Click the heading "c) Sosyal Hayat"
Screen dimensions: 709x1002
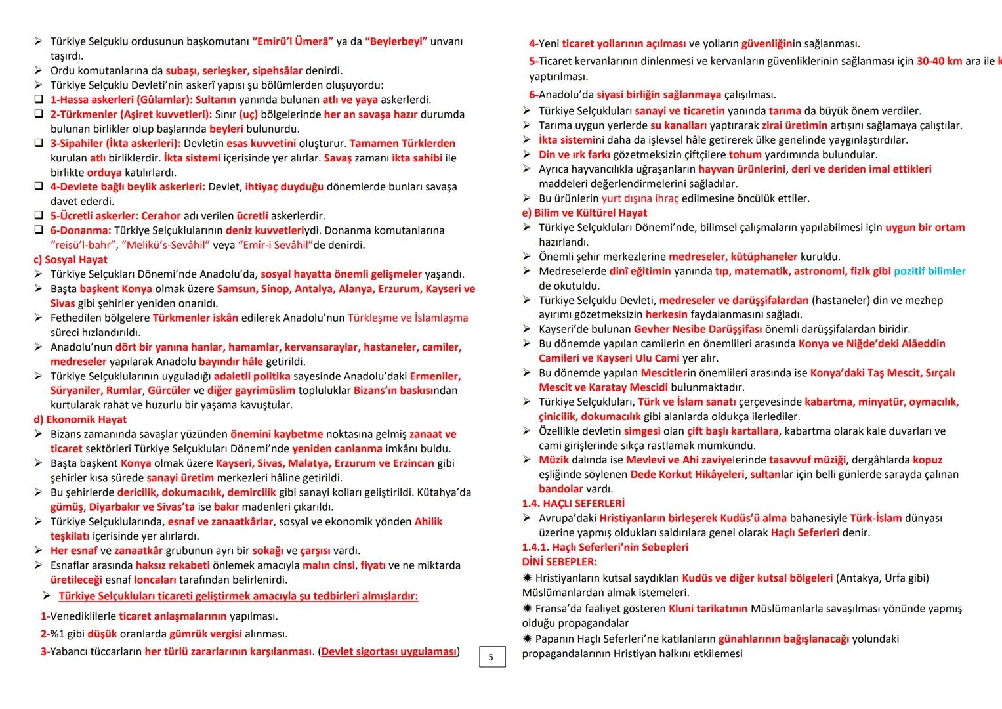70,259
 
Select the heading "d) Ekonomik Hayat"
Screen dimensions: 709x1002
80,419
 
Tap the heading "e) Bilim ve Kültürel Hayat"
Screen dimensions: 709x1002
584,213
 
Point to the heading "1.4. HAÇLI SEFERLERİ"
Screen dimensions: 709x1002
573,504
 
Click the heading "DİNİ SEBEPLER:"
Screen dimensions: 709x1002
559,561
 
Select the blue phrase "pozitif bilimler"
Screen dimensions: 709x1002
929,271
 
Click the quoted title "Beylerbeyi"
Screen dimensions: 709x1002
396,42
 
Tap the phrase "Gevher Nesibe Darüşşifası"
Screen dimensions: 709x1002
698,329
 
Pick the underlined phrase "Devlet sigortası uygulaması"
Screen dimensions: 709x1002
388,651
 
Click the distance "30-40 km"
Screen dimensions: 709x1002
939,61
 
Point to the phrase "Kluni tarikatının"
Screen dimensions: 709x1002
707,609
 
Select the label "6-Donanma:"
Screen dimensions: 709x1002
81,230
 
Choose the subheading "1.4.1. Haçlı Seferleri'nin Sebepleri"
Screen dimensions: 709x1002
605,547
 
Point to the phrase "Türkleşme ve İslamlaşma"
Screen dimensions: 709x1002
407,318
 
